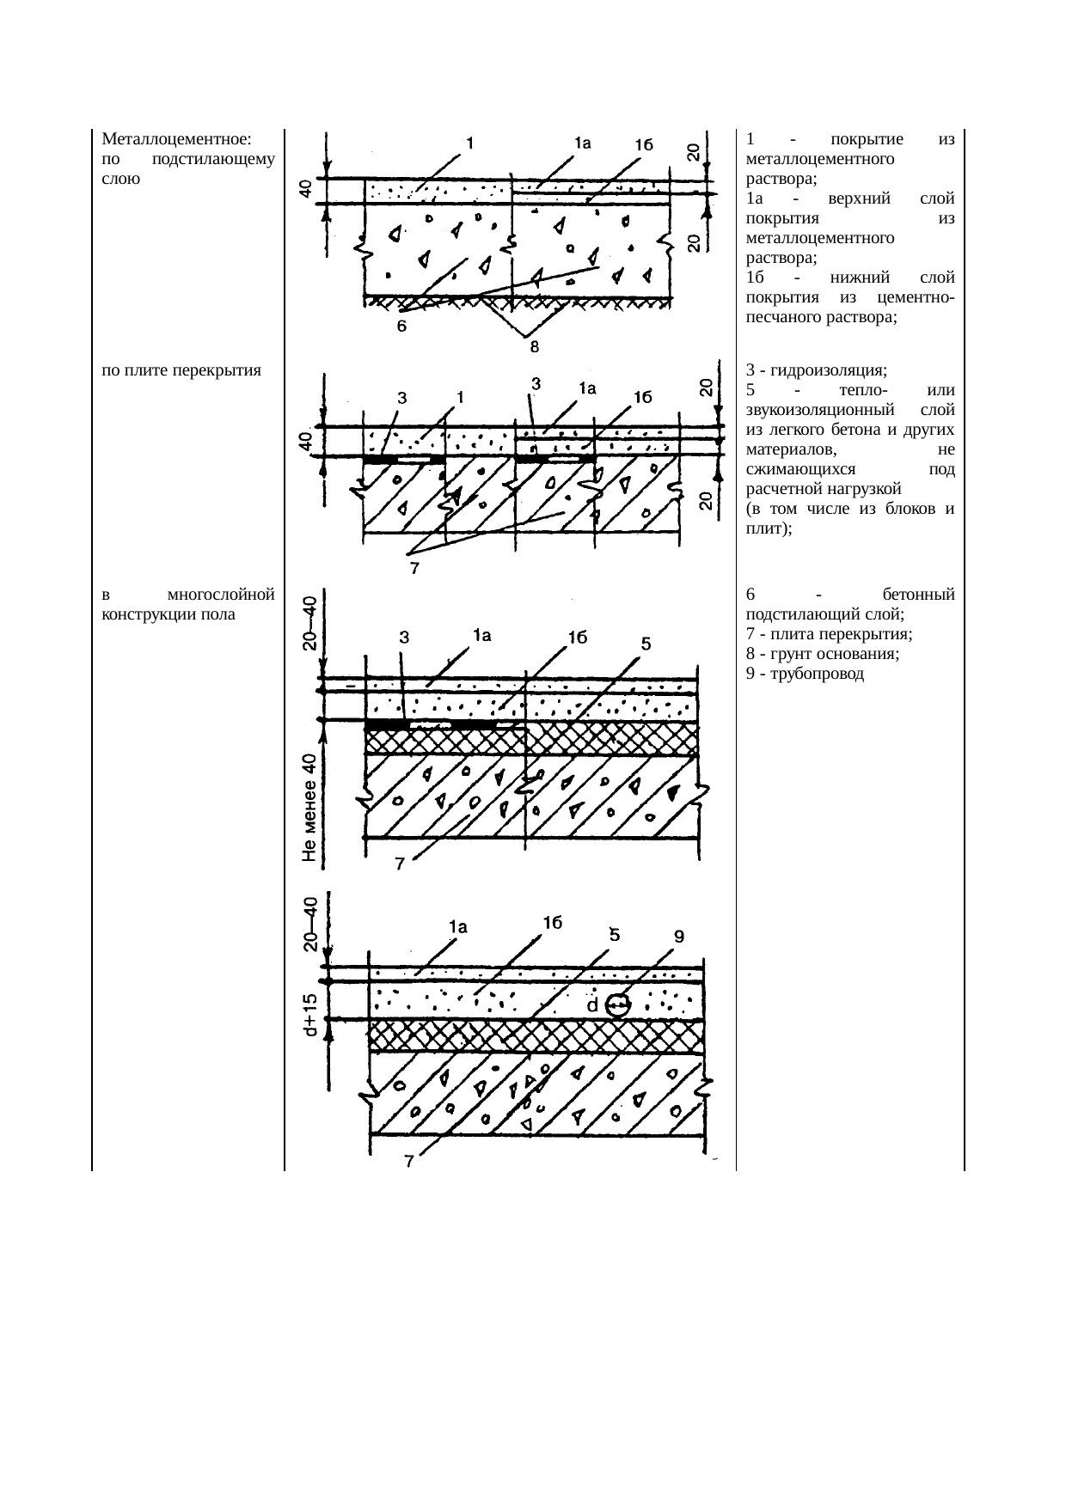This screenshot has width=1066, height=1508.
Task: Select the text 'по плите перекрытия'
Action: [x=181, y=371]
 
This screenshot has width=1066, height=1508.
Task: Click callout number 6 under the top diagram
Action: [x=401, y=327]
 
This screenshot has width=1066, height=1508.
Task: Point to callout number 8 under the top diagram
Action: [x=534, y=347]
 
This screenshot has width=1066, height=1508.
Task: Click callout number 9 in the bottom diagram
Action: [x=678, y=937]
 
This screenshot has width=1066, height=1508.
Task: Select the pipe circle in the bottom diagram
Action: [x=616, y=1004]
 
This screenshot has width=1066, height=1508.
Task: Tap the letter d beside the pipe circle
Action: [x=592, y=1004]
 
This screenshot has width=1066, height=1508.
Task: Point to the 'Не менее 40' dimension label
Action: [x=310, y=808]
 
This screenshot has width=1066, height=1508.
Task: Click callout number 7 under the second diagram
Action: [x=414, y=568]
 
